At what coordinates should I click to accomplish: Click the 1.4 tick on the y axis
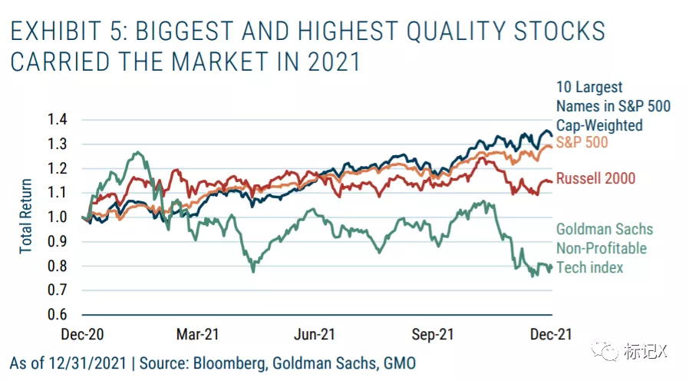(58, 119)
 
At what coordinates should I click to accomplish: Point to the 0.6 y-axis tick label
(58, 314)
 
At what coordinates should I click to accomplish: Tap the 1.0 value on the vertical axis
(58, 217)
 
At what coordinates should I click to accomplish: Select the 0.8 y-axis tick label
(58, 266)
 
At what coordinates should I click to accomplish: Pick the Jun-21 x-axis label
(315, 334)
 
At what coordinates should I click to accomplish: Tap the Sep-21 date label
(434, 334)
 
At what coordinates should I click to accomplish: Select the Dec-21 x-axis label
(552, 334)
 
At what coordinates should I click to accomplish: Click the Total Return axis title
(26, 217)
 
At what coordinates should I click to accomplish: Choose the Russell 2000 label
(595, 179)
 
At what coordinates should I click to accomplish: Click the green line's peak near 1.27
(137, 153)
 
